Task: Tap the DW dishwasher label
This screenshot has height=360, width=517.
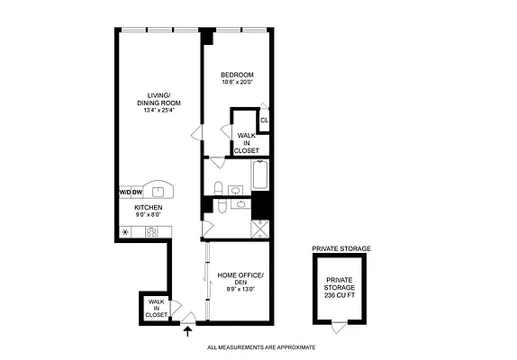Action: [139, 192]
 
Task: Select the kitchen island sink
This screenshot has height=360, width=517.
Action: [159, 189]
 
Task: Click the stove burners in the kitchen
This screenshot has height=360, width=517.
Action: [152, 231]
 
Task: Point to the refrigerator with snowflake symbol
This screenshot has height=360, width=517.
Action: [125, 231]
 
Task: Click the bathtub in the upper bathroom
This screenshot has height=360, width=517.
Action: [259, 175]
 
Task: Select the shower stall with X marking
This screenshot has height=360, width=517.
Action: [260, 228]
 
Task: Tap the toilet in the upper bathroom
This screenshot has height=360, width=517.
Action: [219, 187]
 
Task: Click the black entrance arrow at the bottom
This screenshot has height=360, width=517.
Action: [187, 331]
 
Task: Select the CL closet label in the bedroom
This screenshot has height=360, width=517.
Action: [264, 120]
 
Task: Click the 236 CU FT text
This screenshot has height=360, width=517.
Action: [340, 295]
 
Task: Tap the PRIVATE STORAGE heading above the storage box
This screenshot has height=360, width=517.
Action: [340, 247]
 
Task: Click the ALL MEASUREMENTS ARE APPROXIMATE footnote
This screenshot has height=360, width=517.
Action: [261, 347]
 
